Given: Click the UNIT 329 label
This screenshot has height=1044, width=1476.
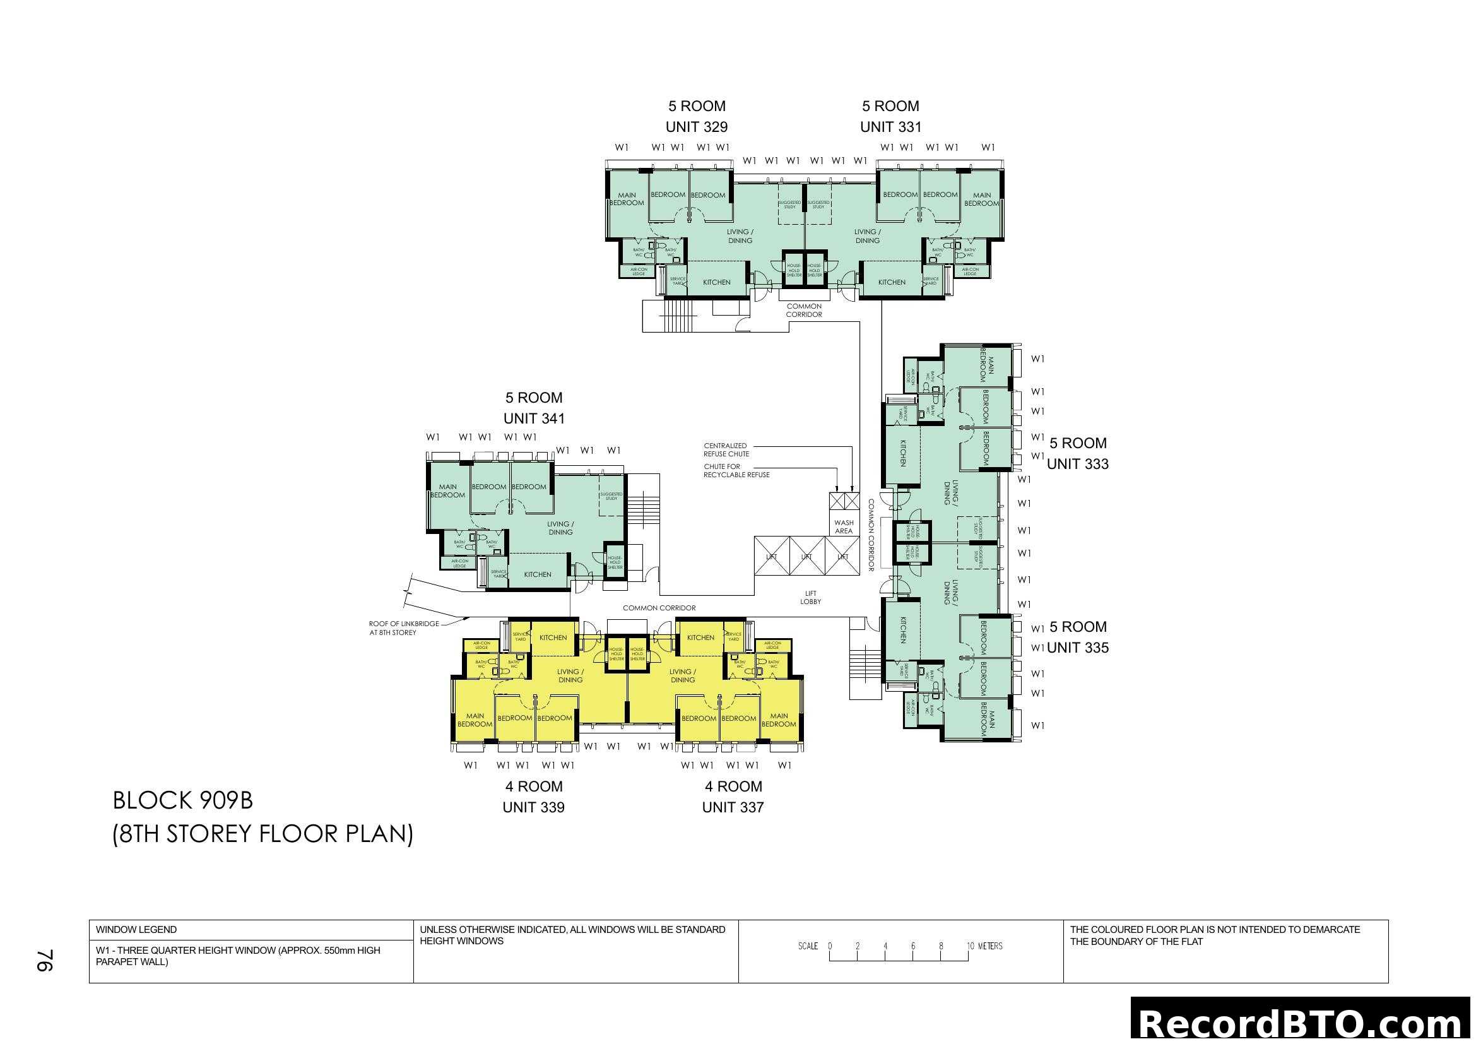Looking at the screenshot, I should pyautogui.click(x=696, y=128).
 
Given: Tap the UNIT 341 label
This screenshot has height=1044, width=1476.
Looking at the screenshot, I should pyautogui.click(x=534, y=418).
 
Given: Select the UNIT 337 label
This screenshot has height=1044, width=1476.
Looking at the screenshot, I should pyautogui.click(x=733, y=807).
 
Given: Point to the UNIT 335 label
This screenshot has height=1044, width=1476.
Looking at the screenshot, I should pyautogui.click(x=1078, y=648).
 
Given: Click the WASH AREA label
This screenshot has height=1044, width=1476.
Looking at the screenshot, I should pyautogui.click(x=844, y=527).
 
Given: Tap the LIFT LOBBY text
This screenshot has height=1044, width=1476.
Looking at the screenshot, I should pyautogui.click(x=811, y=598).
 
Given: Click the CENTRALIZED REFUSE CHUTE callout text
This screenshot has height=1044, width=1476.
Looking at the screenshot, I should pyautogui.click(x=726, y=450).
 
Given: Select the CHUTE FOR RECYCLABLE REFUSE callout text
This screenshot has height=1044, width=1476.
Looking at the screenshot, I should pyautogui.click(x=736, y=471).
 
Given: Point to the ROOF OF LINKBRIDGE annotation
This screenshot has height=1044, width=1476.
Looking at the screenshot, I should pyautogui.click(x=404, y=628).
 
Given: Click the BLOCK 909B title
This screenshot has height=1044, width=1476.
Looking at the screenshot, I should pyautogui.click(x=182, y=801).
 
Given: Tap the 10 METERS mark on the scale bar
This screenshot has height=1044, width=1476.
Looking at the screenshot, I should pyautogui.click(x=984, y=946).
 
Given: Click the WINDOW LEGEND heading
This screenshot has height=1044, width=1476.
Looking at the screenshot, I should pyautogui.click(x=136, y=930).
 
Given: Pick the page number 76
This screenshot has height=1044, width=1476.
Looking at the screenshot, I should pyautogui.click(x=45, y=961).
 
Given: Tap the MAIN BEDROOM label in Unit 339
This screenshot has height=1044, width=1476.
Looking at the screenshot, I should pyautogui.click(x=475, y=720).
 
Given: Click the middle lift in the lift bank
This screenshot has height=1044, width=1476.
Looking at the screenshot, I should pyautogui.click(x=807, y=557).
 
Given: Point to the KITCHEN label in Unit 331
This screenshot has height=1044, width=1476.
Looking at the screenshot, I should pyautogui.click(x=892, y=282).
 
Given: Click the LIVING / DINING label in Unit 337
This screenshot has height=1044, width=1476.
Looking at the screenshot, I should pyautogui.click(x=682, y=675).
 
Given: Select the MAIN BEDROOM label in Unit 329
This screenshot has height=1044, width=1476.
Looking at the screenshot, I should pyautogui.click(x=627, y=199).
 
